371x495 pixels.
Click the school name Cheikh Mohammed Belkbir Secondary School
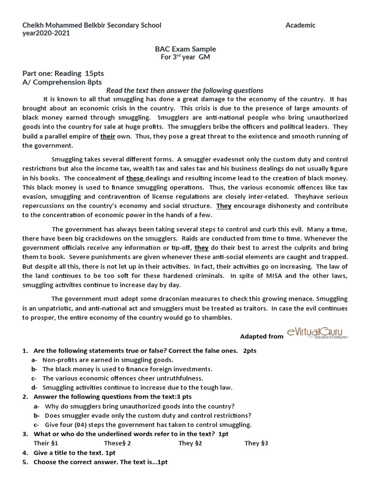click(92, 25)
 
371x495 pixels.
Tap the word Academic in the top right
click(300, 25)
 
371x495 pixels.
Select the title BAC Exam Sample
click(185, 49)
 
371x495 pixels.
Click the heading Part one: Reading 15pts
click(63, 73)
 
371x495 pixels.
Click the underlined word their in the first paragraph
click(107, 136)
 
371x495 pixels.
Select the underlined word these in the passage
click(135, 178)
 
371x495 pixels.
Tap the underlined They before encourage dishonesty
click(224, 205)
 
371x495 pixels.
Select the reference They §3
click(256, 443)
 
